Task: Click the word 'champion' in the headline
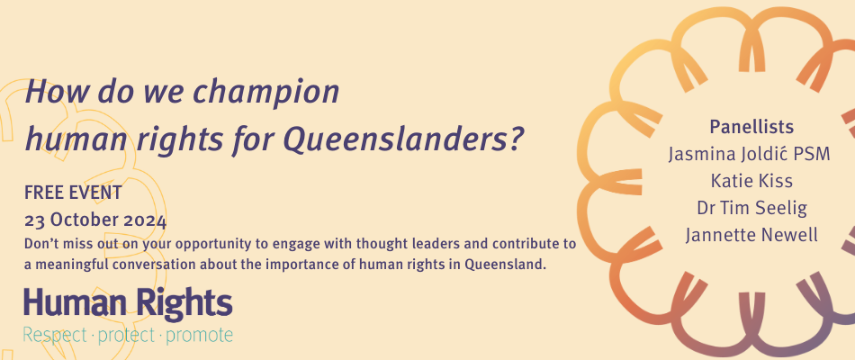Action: tap(266, 92)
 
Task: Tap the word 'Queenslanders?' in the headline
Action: tap(404, 139)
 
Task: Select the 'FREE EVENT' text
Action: tap(73, 193)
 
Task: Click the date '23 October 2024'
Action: tap(95, 220)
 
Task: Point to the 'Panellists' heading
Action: tap(751, 127)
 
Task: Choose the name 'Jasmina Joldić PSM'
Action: tap(749, 154)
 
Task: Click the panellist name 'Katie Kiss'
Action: tap(751, 181)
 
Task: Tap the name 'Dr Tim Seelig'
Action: tap(751, 208)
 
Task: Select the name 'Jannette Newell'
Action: tap(751, 235)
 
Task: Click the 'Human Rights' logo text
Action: tap(128, 303)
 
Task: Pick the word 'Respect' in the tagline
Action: tap(55, 336)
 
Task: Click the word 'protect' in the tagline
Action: tap(127, 336)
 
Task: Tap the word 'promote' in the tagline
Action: tap(199, 336)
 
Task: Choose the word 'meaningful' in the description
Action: tap(66, 265)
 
